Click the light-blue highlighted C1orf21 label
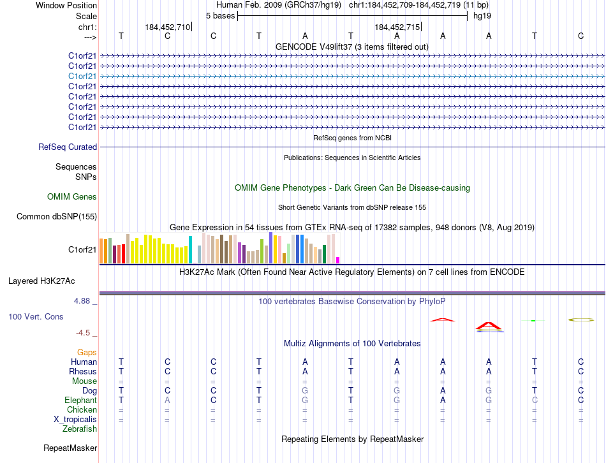(x=82, y=76)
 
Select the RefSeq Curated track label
(x=68, y=147)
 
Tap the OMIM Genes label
(x=72, y=197)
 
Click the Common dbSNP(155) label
(x=56, y=217)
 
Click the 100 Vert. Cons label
(x=36, y=316)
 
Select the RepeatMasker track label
(x=70, y=448)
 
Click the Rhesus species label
(x=83, y=372)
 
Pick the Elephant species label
(x=80, y=401)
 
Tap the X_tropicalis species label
(x=75, y=420)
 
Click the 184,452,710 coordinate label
(x=167, y=27)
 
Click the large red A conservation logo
(x=489, y=326)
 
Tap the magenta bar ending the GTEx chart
(x=338, y=260)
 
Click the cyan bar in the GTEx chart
(x=190, y=249)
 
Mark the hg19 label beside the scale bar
(x=482, y=15)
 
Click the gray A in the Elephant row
(x=167, y=401)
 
